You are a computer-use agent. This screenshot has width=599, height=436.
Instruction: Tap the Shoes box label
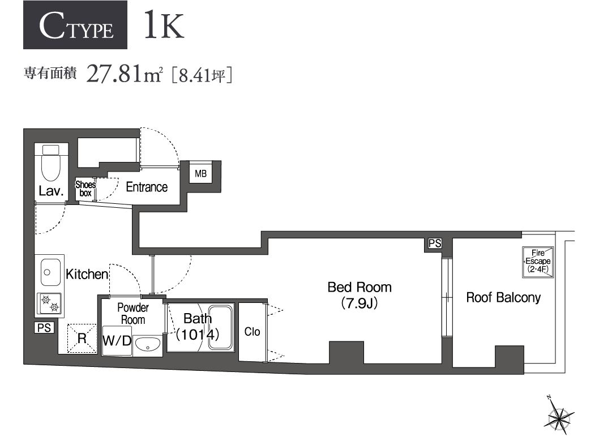point(85,189)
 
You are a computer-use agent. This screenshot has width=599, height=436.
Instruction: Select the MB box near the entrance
point(201,173)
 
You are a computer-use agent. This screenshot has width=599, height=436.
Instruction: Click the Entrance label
point(147,187)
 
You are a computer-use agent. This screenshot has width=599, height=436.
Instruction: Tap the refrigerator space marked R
point(82,339)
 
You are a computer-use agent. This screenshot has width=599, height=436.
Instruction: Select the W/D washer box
point(117,341)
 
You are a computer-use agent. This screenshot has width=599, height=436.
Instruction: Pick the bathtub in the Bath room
point(221,328)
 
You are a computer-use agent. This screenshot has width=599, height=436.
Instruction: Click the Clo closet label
point(252,332)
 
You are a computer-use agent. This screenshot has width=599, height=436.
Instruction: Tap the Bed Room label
point(360,287)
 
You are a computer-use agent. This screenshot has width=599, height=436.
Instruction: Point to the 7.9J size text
point(359,304)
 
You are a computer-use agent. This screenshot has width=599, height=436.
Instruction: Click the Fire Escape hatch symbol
point(537,262)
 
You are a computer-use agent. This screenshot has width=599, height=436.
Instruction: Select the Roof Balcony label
point(503,297)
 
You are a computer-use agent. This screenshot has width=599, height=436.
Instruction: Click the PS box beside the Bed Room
point(434,244)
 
